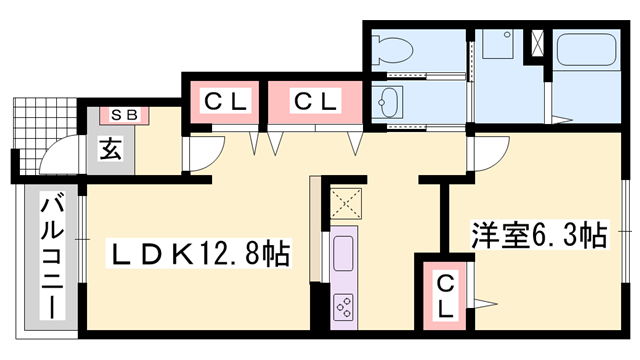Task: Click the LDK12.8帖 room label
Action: [x=198, y=253]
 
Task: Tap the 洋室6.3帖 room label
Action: [x=540, y=235]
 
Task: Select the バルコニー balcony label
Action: [x=52, y=258]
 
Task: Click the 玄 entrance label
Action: [x=111, y=149]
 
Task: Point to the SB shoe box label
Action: [x=124, y=115]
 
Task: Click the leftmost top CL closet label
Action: [x=225, y=102]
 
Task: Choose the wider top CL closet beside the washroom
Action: [x=315, y=101]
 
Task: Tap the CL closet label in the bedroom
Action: [x=445, y=296]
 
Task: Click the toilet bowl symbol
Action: [x=393, y=50]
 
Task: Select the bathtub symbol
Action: [x=587, y=49]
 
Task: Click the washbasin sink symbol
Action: [x=387, y=102]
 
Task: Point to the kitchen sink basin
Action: [x=343, y=253]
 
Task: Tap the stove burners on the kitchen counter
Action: [x=343, y=307]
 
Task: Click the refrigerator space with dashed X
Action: [x=346, y=204]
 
